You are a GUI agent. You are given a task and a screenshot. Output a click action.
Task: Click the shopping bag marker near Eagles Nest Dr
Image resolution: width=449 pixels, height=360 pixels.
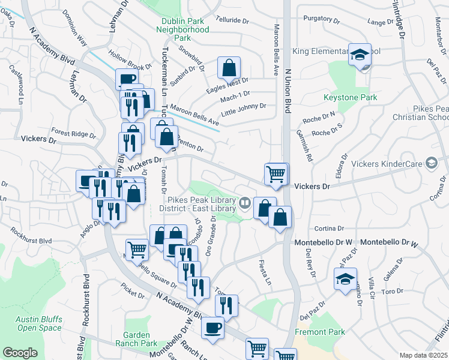tap(229, 68)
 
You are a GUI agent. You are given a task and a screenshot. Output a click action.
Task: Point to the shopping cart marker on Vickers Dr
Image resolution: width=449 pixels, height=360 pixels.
tap(276, 174)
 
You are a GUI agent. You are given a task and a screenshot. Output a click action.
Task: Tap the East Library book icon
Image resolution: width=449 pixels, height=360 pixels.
tap(244, 203)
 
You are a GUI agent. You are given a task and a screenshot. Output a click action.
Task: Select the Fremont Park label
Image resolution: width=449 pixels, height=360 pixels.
tap(320, 332)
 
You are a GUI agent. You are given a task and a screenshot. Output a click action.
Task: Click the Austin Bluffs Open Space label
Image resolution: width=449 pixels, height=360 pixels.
tap(39, 323)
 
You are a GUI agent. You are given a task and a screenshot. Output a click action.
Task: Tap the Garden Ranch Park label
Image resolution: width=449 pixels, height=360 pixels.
tap(140, 339)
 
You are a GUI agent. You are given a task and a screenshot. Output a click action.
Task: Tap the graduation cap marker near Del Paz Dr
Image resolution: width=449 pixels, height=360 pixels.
tap(345, 279)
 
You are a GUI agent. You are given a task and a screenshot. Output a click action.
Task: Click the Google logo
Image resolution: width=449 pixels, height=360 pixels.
tap(20, 353)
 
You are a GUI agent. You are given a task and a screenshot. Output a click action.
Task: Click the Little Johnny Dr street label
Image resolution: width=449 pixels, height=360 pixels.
tap(243, 106)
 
